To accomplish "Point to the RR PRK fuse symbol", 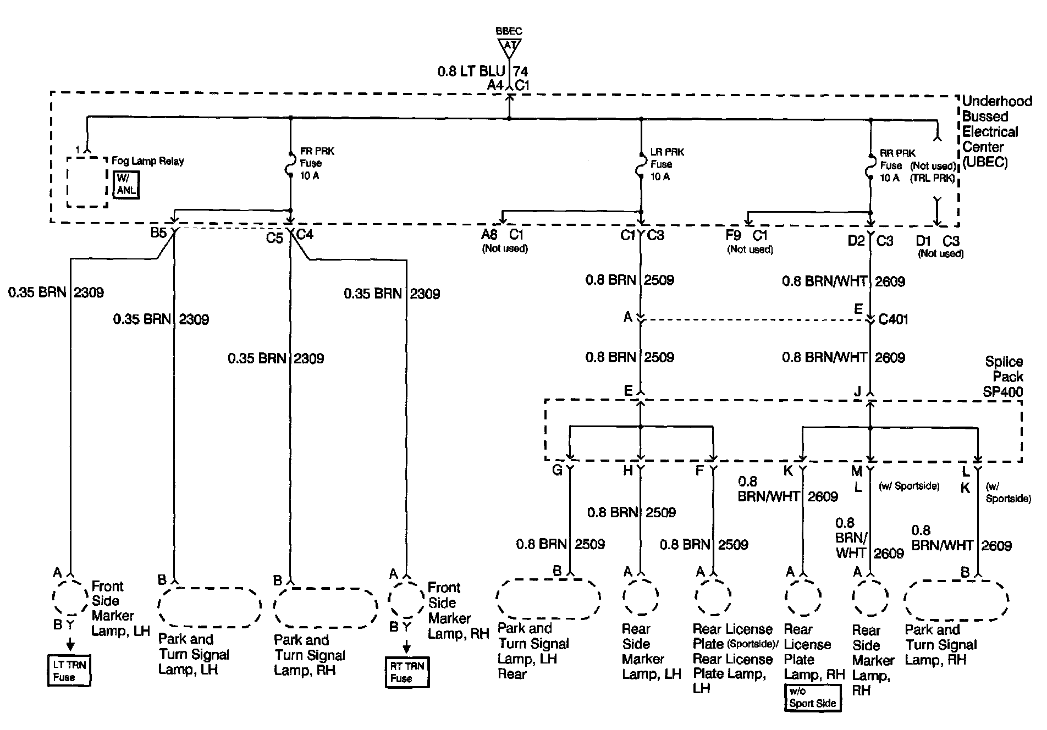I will (870, 167).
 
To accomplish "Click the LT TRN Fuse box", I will (69, 671).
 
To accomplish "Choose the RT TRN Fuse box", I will (406, 672).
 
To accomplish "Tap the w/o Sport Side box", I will (812, 698).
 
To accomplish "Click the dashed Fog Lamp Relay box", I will (87, 182).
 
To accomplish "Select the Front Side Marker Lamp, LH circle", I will (70, 596).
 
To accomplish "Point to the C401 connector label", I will (894, 319).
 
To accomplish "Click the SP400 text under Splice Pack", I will (1003, 392).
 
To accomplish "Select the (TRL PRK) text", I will (933, 178).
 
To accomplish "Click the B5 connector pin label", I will (158, 233).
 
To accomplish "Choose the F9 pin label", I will (733, 236).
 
